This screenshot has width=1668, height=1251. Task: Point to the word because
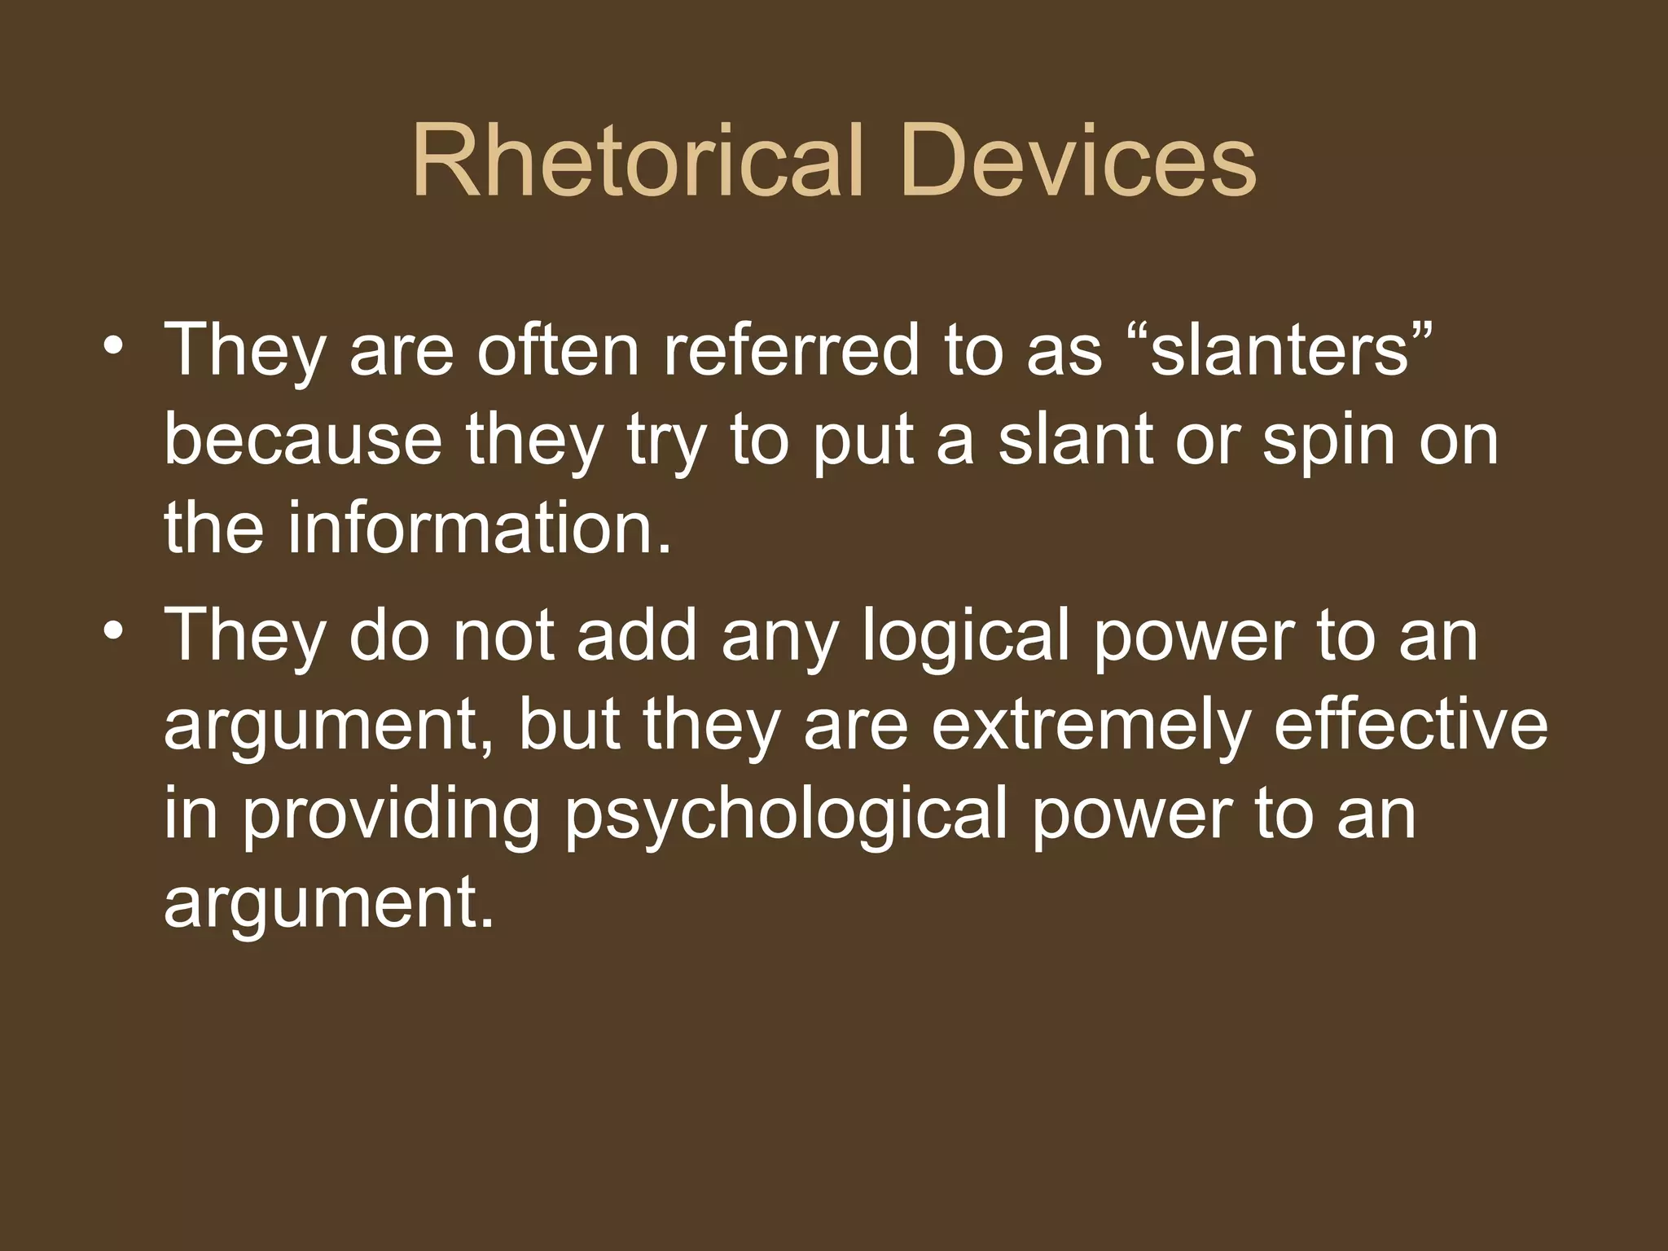click(x=303, y=440)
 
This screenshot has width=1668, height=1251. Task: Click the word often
click(x=559, y=350)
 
